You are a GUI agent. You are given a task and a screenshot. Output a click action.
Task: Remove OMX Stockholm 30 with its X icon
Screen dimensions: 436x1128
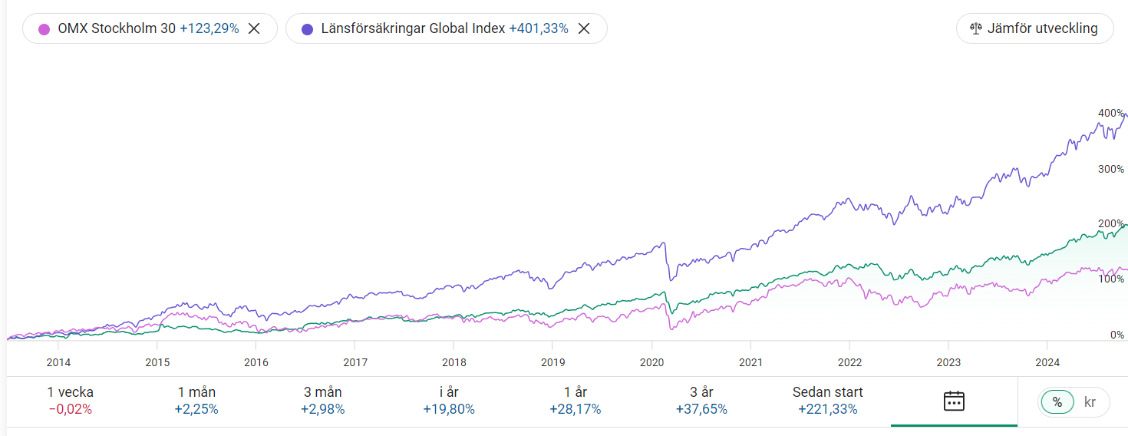click(x=254, y=28)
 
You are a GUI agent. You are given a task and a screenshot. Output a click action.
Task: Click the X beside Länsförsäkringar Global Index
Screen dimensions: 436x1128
click(x=584, y=28)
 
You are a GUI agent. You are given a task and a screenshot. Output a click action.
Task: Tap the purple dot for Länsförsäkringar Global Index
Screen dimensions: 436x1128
click(x=307, y=29)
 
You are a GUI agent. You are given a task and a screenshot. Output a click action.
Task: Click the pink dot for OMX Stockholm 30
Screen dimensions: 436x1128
click(x=44, y=29)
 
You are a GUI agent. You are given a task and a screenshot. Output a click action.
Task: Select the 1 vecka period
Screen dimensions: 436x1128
click(x=70, y=401)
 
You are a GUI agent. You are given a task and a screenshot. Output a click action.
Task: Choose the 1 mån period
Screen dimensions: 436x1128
click(x=196, y=401)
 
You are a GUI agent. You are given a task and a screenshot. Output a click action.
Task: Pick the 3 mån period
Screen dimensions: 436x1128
click(x=322, y=401)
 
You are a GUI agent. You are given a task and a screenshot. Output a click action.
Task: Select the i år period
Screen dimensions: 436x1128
click(x=449, y=401)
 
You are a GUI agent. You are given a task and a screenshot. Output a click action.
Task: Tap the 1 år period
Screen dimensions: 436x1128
click(x=576, y=401)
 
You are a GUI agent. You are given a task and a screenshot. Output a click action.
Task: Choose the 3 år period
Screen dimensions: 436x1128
click(x=701, y=401)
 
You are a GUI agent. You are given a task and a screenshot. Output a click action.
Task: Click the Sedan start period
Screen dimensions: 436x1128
click(x=828, y=401)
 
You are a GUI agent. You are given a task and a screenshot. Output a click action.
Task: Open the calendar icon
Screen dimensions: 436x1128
click(x=954, y=401)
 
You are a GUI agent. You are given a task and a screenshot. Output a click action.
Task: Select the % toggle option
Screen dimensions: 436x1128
click(x=1057, y=402)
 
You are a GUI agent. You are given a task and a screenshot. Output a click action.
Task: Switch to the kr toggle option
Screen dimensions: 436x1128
click(x=1090, y=402)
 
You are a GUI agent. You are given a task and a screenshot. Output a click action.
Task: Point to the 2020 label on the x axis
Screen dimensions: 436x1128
click(x=651, y=362)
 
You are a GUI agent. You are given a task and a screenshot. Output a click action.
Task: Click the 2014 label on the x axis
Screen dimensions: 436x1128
click(x=58, y=362)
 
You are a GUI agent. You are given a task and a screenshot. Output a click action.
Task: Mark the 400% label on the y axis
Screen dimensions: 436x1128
click(x=1110, y=113)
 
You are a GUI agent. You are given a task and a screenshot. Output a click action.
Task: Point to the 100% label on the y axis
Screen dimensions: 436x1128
click(x=1110, y=279)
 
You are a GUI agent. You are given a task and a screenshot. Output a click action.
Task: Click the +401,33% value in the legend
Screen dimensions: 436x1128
click(x=539, y=28)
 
